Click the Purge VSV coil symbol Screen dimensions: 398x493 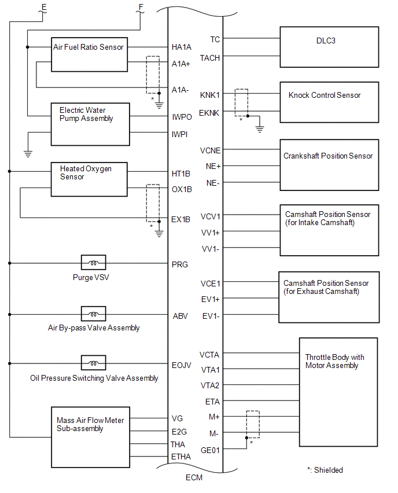(93, 263)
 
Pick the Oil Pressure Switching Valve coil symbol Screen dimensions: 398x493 (93, 363)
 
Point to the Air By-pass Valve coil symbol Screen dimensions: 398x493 (93, 314)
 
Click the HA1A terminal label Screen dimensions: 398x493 (182, 47)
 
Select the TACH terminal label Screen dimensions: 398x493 (209, 58)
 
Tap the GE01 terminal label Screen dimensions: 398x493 (210, 450)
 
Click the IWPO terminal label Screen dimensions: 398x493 (182, 117)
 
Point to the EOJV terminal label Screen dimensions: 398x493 (182, 365)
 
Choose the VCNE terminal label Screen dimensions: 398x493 (211, 150)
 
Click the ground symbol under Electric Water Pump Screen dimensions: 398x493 (28, 154)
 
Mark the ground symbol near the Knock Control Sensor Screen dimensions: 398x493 (260, 129)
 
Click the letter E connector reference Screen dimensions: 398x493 (44, 8)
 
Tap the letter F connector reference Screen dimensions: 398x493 (141, 8)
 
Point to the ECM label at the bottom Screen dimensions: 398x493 (194, 477)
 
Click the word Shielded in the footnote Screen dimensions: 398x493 (329, 470)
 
